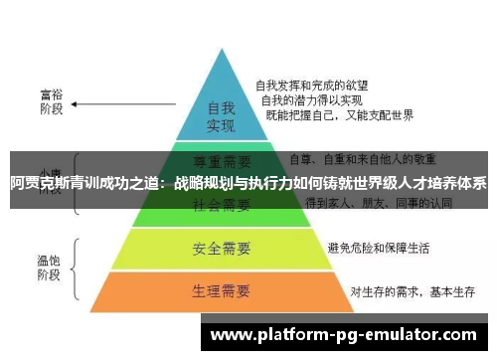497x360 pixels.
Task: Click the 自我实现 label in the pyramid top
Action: pos(220,117)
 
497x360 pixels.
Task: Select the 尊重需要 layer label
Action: pos(221,159)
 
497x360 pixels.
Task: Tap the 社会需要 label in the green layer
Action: pos(221,205)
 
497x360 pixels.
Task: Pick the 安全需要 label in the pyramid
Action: pos(220,247)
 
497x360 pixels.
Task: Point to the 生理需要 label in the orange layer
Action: pos(220,291)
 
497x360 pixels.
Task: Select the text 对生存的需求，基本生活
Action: pos(407,291)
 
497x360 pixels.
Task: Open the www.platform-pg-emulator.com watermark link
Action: pos(345,334)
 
